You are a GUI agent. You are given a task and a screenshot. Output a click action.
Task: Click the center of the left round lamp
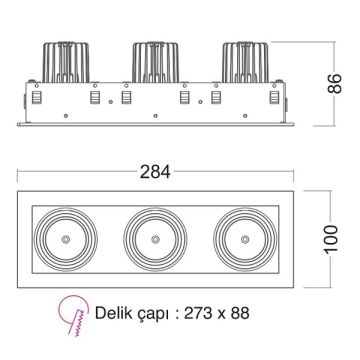66,240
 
